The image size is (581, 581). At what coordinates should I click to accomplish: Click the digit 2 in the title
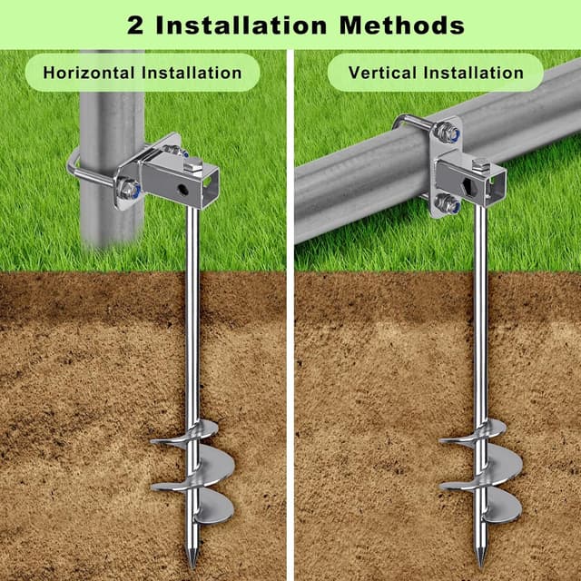pos(135,24)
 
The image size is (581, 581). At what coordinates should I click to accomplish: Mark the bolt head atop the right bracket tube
pos(478,164)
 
